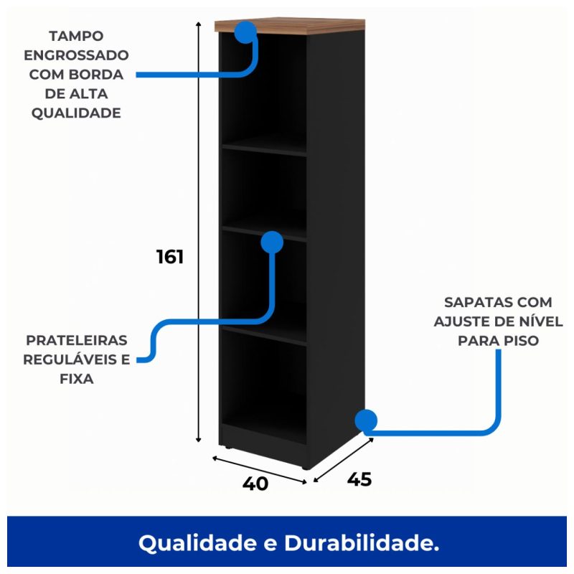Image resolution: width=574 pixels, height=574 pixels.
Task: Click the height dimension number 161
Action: (170, 257)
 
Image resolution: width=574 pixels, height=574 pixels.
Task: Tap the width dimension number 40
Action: (255, 484)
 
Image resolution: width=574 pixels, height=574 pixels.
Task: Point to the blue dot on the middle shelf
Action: (272, 242)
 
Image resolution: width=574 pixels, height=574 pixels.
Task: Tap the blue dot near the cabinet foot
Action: (366, 421)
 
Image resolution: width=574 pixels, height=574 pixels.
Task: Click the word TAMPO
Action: (76, 36)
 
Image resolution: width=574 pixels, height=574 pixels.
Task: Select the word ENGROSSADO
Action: (76, 55)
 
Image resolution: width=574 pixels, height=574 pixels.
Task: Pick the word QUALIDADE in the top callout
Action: (76, 113)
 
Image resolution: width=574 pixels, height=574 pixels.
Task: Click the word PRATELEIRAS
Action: (76, 340)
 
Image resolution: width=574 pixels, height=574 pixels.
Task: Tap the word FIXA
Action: (76, 379)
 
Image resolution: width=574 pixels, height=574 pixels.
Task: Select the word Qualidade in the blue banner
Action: (204, 543)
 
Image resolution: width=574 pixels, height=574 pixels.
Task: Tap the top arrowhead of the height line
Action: (199, 24)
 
